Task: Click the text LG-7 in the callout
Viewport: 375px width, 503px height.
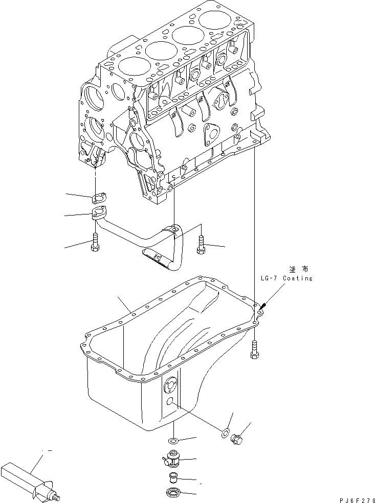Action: click(x=270, y=278)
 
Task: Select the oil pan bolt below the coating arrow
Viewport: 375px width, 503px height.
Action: click(x=254, y=350)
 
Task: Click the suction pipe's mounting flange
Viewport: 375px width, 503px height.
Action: click(x=99, y=214)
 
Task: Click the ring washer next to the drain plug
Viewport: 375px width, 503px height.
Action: click(x=225, y=434)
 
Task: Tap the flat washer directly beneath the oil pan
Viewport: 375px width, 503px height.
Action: click(x=173, y=440)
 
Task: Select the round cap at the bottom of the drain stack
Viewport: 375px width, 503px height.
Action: click(x=173, y=493)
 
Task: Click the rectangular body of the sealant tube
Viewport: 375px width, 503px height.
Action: click(x=20, y=475)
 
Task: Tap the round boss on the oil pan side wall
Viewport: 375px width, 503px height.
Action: click(x=170, y=386)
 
